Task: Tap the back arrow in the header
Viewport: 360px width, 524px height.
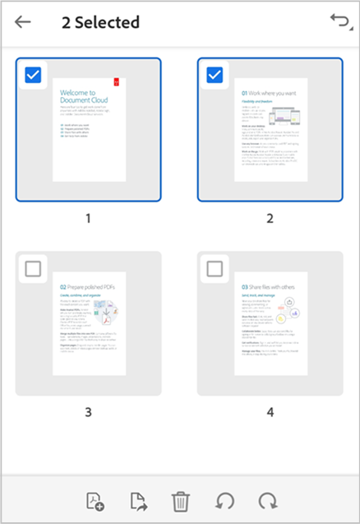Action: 23,21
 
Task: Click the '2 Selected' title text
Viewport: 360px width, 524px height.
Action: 100,22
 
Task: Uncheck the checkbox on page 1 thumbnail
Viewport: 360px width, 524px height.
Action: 33,75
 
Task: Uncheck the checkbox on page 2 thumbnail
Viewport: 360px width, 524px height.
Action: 215,75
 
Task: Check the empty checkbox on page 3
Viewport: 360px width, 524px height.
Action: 33,269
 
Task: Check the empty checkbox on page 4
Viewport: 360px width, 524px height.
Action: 215,269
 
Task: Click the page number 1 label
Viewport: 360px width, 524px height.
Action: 89,219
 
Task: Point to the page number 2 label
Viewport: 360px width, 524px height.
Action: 270,219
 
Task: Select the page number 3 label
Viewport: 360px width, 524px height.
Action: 89,412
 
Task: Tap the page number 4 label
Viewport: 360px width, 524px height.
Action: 270,412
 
